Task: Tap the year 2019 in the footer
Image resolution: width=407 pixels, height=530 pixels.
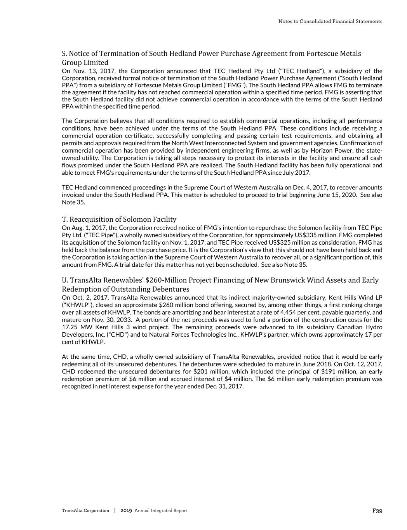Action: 126,511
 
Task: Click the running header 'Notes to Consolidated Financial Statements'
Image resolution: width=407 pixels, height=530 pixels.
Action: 330,21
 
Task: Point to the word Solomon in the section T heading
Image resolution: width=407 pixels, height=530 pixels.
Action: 134,219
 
